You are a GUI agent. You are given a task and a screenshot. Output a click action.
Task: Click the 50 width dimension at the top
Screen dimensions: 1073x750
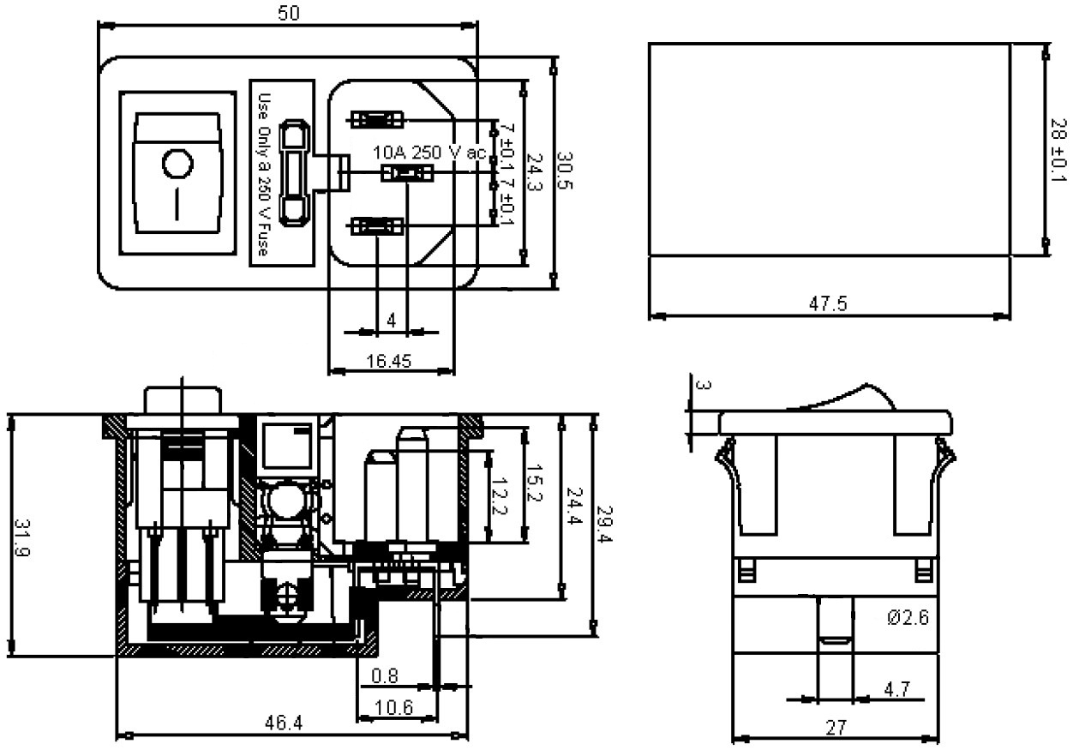(x=289, y=13)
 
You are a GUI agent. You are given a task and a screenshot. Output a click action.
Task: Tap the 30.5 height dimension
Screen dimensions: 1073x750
(x=566, y=171)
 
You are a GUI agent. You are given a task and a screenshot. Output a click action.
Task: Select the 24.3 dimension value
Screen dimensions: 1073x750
(x=534, y=172)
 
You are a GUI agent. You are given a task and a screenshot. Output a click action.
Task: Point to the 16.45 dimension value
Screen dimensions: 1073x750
(x=388, y=361)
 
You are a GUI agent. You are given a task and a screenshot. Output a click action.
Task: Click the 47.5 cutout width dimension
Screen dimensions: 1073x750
(x=828, y=303)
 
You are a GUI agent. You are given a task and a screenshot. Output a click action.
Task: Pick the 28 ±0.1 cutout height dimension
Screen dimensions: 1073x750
(x=1058, y=150)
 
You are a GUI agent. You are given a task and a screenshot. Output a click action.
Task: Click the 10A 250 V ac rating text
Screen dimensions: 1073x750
(x=429, y=153)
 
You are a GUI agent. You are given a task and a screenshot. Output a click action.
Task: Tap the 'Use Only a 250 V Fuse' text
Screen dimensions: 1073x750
(x=264, y=175)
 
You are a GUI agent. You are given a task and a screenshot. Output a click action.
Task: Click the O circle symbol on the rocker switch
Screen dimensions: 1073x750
(x=177, y=164)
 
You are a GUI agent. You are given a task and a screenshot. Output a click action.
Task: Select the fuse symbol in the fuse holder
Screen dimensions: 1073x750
(x=293, y=172)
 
